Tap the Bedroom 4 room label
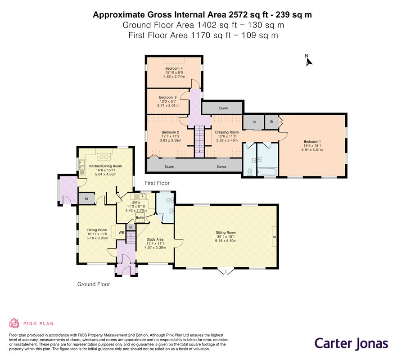coord(174,68)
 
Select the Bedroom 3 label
coord(167,98)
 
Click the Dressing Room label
coord(226,132)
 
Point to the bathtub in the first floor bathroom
coord(267,172)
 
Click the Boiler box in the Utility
coord(140,217)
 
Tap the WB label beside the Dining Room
coord(121,232)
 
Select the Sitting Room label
coord(226,232)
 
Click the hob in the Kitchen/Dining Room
coord(104,157)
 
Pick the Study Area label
coord(155,239)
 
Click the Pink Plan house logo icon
coord(14,323)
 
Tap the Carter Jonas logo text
coord(351,343)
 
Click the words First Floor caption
coord(157,183)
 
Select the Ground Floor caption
coord(94,284)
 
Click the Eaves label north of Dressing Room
coord(223,108)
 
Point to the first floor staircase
coord(199,142)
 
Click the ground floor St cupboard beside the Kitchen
coord(86,199)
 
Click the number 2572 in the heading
coord(238,15)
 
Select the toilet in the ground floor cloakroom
coord(170,200)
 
